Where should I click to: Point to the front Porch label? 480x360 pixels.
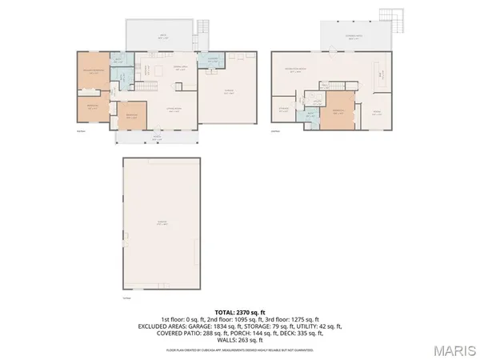click(x=157, y=137)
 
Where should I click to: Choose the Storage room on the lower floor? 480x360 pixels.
click(x=284, y=110)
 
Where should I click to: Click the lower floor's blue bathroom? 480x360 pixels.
click(x=311, y=115)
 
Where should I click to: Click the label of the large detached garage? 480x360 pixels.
click(x=161, y=224)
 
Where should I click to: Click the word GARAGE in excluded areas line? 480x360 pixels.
click(x=204, y=326)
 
